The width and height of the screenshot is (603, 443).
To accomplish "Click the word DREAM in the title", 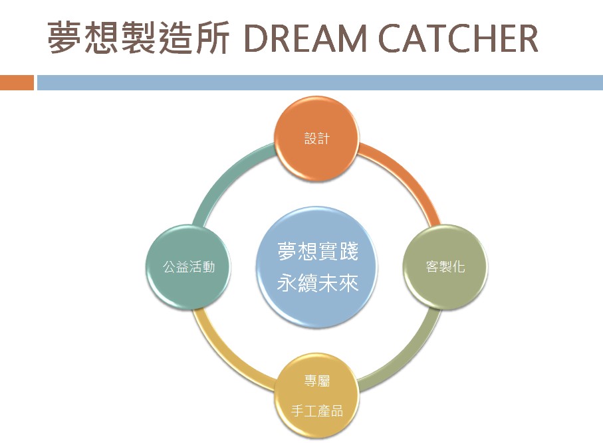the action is (x=305, y=38).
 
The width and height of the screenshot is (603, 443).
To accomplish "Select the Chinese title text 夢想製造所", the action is (x=138, y=38).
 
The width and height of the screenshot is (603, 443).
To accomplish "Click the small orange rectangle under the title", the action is (x=17, y=82).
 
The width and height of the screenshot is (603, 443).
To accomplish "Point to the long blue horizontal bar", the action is (x=320, y=82).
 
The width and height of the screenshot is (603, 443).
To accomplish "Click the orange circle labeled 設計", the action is (x=317, y=139).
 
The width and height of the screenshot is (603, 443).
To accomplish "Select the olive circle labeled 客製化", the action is (x=445, y=266).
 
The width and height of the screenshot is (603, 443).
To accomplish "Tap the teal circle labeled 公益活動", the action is (x=188, y=266).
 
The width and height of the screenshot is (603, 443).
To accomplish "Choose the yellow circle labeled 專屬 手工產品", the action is (x=317, y=395).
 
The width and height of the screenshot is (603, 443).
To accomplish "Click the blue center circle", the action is (x=317, y=267).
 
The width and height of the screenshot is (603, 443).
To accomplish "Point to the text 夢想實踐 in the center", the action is (x=318, y=251).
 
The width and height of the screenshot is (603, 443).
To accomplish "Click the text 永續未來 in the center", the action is (x=318, y=283).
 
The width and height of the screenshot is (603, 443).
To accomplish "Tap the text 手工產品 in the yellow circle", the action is (x=317, y=411).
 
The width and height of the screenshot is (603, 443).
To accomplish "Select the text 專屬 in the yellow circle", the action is (x=317, y=381).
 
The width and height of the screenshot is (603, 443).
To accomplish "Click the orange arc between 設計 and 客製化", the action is (x=408, y=177).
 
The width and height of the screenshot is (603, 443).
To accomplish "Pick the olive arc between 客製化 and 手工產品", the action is (x=408, y=357).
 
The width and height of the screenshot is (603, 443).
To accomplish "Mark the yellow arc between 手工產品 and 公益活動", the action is (x=227, y=357).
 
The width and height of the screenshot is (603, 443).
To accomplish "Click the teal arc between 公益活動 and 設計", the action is (x=227, y=177).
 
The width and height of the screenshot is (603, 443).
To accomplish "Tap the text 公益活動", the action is (x=188, y=266).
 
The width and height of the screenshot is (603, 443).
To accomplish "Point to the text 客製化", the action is (x=445, y=266).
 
